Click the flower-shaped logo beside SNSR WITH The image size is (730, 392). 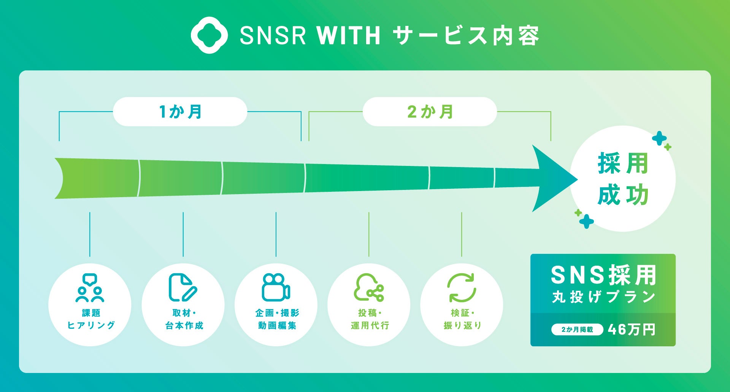209,35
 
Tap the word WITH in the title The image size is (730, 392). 348,36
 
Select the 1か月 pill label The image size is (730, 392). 180,112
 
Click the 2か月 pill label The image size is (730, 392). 430,112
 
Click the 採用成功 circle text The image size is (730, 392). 623,179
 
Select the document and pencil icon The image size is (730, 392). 182,288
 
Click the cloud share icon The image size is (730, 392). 369,288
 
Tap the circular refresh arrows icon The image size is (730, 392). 462,288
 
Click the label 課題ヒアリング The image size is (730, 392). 91,319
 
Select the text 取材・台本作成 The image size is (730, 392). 184,319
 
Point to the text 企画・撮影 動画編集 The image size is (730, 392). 277,319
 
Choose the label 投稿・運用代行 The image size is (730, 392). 370,319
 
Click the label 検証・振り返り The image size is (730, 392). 462,319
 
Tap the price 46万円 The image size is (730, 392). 632,330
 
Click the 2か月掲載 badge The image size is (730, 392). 577,330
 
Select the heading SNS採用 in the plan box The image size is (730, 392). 603,275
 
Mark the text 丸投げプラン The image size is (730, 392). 603,297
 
